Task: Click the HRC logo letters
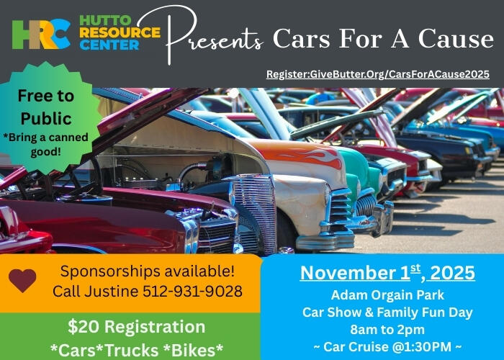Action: (40, 33)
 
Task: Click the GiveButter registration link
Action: (377, 74)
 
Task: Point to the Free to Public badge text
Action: (45, 107)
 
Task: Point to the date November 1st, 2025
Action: (387, 273)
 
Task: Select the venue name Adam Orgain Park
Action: (387, 295)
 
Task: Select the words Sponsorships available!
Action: (147, 271)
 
